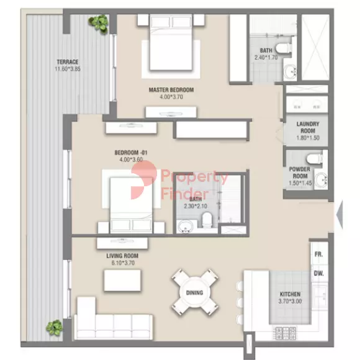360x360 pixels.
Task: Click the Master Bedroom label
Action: pos(171,90)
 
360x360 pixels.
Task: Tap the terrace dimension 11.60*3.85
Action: pos(68,69)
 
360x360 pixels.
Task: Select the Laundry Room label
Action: pos(308,127)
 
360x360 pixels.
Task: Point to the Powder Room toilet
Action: pos(314,159)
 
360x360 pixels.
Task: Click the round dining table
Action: pos(194,292)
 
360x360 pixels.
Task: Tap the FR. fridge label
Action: pos(318,254)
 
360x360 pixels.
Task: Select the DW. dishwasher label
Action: pos(318,274)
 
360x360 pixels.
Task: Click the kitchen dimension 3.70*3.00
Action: pos(290,301)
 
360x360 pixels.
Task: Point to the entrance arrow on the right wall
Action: pos(340,215)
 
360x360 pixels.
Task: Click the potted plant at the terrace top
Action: pos(99,24)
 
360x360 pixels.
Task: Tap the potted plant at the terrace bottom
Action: pos(54,328)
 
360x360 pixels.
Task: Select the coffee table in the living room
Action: pos(122,281)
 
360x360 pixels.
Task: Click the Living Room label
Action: pos(122,256)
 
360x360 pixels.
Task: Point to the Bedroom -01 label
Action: pos(131,153)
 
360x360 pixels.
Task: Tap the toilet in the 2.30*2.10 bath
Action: pos(207,220)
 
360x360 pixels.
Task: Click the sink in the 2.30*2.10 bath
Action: pos(186,227)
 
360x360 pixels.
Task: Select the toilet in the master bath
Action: pos(283,49)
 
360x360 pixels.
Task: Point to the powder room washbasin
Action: pos(321,180)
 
